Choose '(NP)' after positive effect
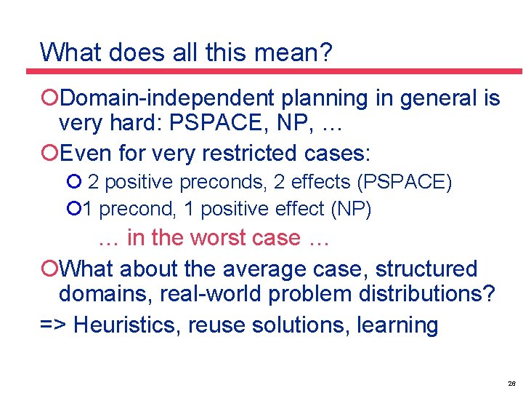point(351,210)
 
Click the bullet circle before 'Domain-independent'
point(49,98)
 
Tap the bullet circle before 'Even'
point(49,153)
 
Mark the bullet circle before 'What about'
point(49,269)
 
